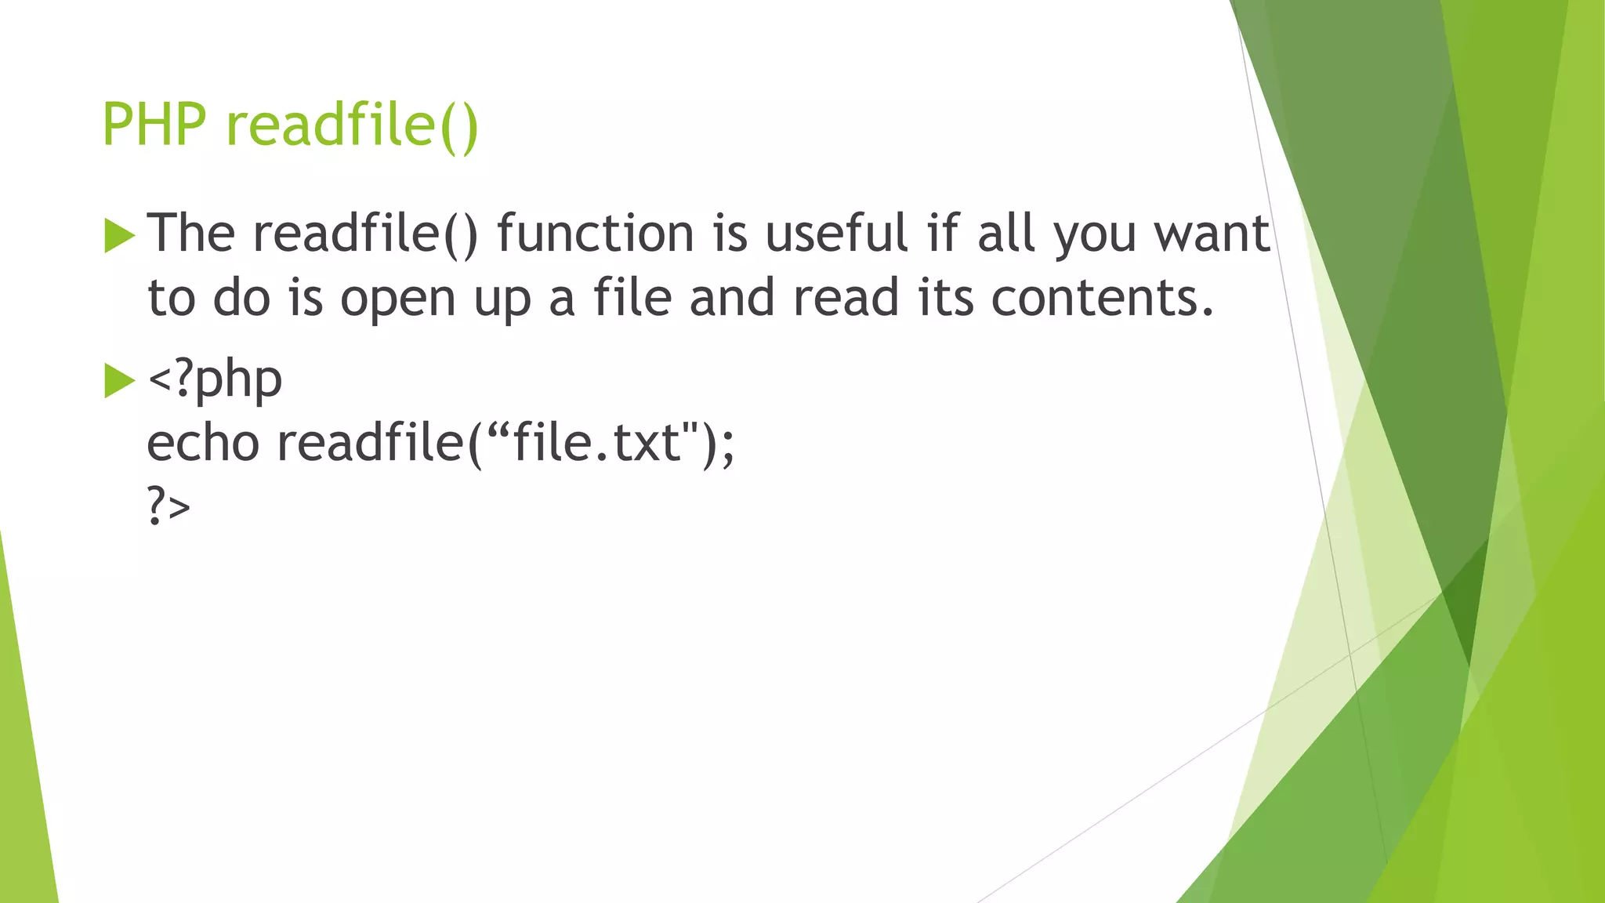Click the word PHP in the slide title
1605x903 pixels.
pos(154,125)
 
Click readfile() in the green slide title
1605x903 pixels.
pos(352,125)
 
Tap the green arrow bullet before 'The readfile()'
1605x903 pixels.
pos(119,236)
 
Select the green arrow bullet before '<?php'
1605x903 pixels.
pos(119,381)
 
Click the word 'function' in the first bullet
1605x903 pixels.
pos(595,234)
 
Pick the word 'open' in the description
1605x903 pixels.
pos(397,299)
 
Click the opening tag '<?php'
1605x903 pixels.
pos(215,379)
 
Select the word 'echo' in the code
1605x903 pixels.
pos(203,444)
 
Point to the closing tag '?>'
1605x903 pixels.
pos(168,507)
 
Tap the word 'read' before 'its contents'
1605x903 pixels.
pos(846,299)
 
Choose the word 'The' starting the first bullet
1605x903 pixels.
pos(191,234)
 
